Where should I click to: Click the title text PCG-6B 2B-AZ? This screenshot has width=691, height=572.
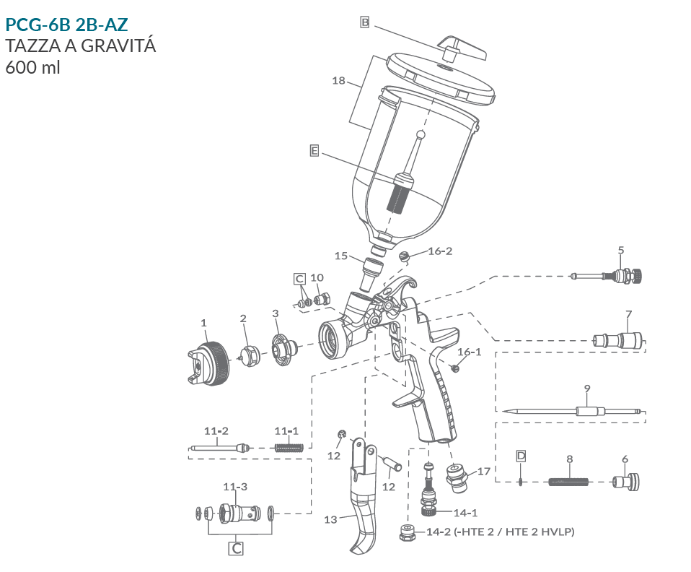pyautogui.click(x=66, y=25)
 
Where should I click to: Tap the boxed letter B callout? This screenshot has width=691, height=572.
pyautogui.click(x=365, y=23)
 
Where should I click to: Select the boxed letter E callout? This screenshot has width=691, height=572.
pyautogui.click(x=314, y=150)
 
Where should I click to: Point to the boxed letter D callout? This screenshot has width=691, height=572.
pyautogui.click(x=521, y=456)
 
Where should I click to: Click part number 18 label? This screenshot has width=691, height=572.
pyautogui.click(x=338, y=80)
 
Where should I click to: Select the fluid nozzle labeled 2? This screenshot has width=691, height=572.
pyautogui.click(x=250, y=355)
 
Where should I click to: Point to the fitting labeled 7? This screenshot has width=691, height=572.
pyautogui.click(x=620, y=338)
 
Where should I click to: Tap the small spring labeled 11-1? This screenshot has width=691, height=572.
pyautogui.click(x=289, y=448)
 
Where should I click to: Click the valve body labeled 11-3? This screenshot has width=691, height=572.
pyautogui.click(x=239, y=513)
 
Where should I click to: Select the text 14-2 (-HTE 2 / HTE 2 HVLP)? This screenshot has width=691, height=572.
pyautogui.click(x=500, y=532)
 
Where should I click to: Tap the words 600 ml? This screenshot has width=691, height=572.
pyautogui.click(x=32, y=67)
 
